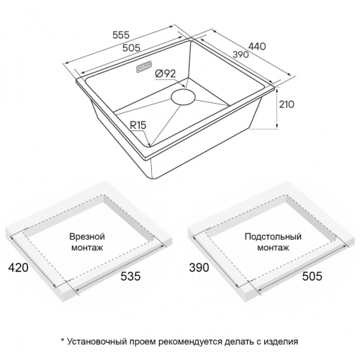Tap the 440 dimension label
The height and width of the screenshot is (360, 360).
pos(256,47)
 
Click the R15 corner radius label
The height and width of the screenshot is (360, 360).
pos(138,125)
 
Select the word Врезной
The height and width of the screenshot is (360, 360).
pos(88,236)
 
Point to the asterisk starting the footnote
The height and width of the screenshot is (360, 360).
pos(63,340)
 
